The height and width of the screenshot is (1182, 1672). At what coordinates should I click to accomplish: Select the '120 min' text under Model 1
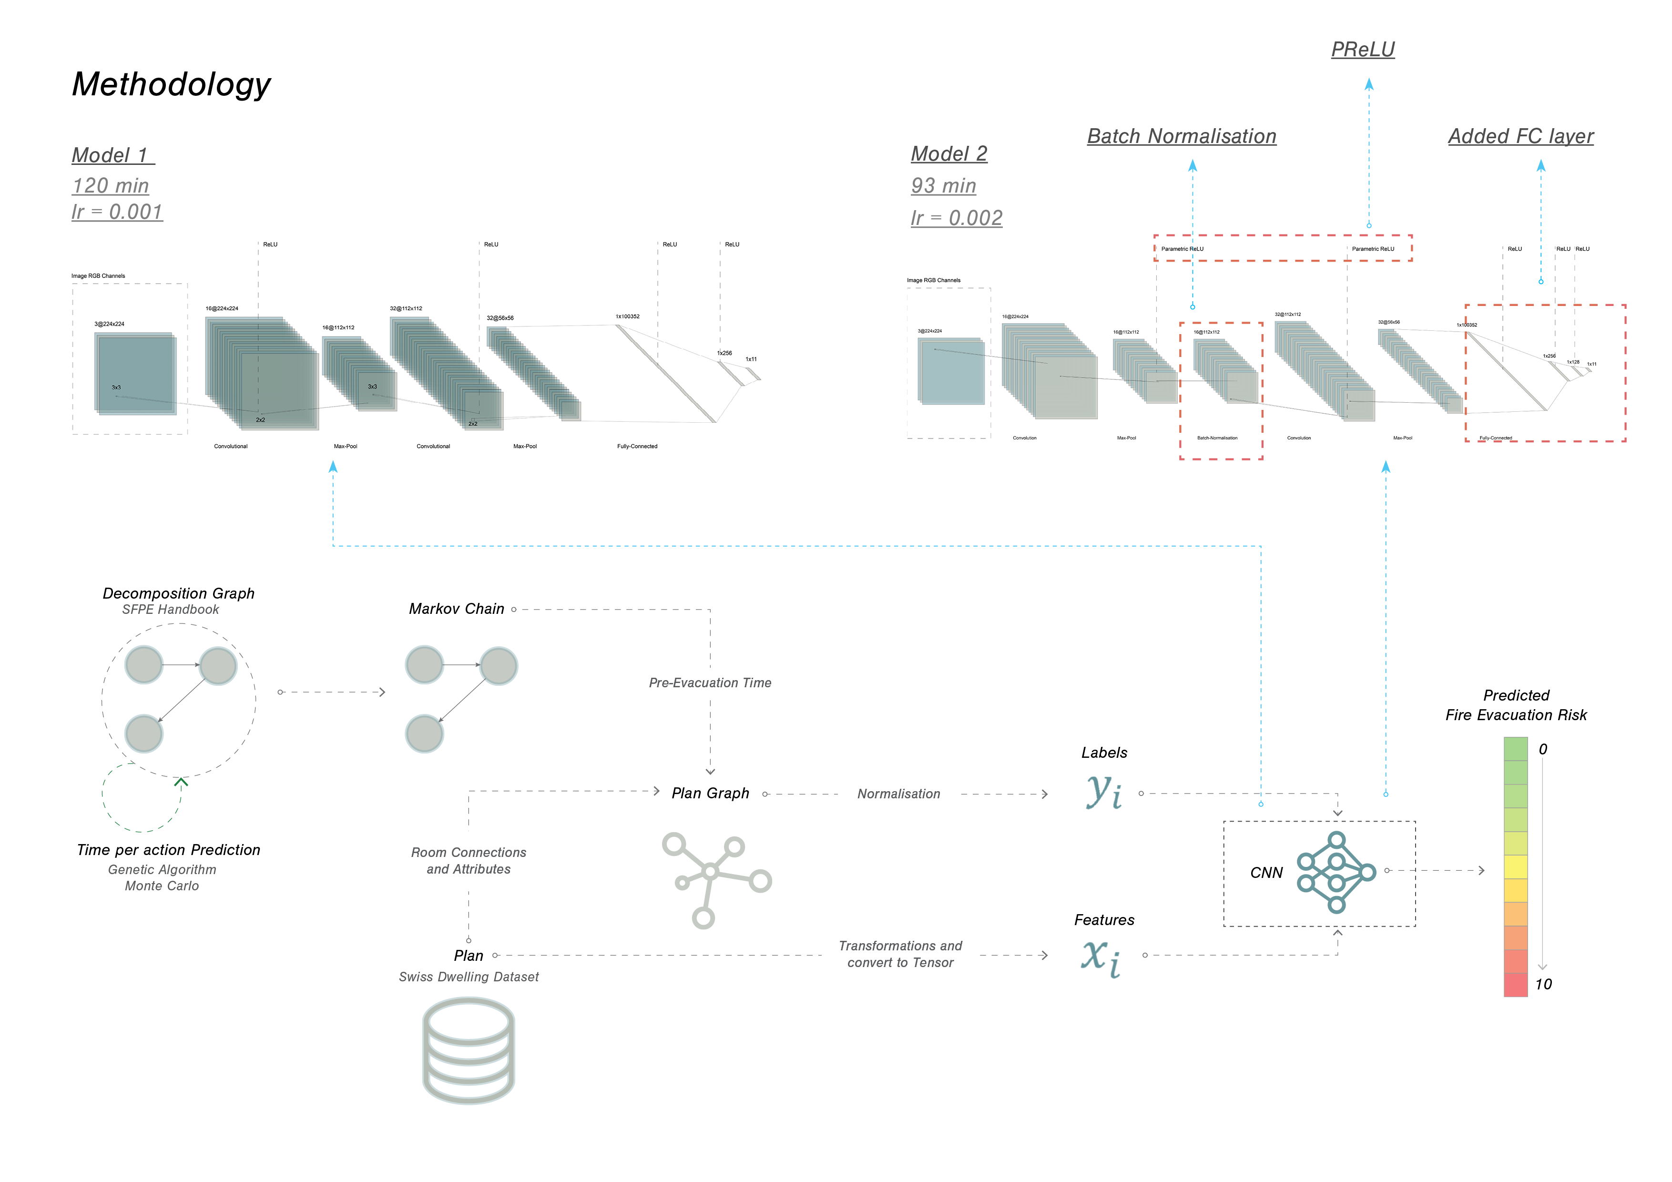pyautogui.click(x=111, y=186)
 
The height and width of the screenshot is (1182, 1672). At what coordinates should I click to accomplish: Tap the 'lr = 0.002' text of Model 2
pyautogui.click(x=956, y=218)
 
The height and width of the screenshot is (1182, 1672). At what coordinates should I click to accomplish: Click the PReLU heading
pyautogui.click(x=1363, y=50)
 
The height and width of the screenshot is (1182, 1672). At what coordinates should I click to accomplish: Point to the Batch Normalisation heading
pyautogui.click(x=1181, y=136)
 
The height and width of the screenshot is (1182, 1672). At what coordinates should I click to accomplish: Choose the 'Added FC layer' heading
pyautogui.click(x=1520, y=136)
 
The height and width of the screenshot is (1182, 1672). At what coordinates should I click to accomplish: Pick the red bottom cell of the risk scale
pyautogui.click(x=1516, y=985)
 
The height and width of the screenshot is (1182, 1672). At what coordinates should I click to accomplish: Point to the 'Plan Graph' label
pyautogui.click(x=710, y=793)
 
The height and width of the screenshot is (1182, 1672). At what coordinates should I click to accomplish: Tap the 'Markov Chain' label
pyautogui.click(x=457, y=609)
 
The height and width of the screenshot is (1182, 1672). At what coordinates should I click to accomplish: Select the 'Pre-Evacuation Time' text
pyautogui.click(x=710, y=683)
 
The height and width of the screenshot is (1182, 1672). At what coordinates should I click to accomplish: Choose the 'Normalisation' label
pyautogui.click(x=898, y=794)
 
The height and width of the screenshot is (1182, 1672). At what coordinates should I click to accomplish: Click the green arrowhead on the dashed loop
pyautogui.click(x=181, y=782)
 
